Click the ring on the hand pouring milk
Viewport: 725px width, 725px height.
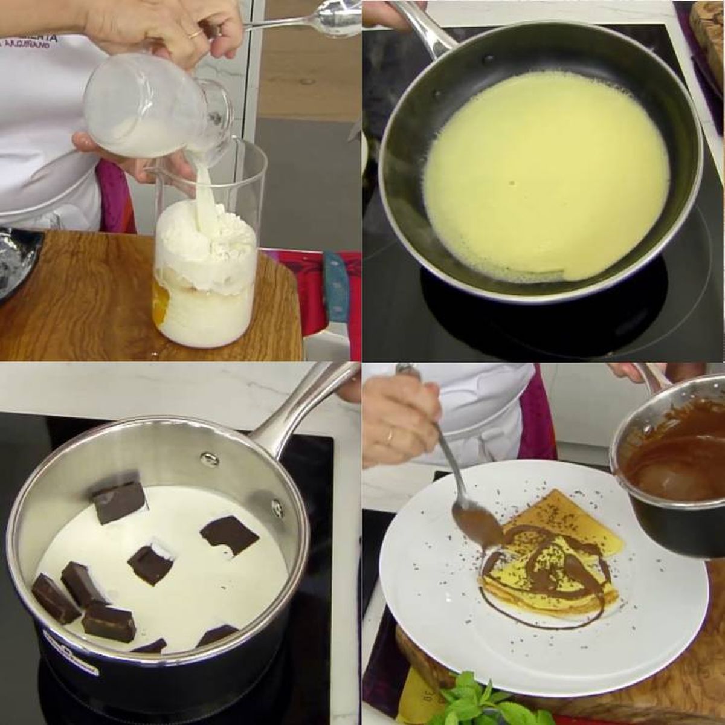click(x=195, y=35)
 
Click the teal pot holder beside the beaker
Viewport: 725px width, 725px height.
click(x=332, y=284)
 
